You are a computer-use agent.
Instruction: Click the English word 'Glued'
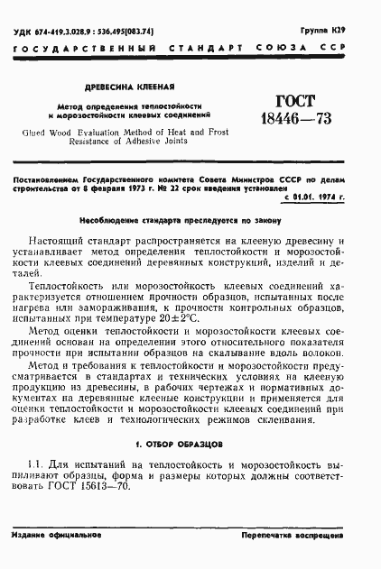coord(39,132)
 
